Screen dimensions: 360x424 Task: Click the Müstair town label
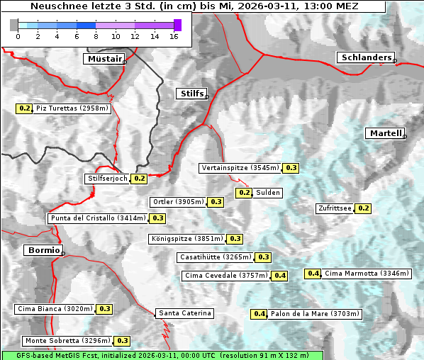tap(104, 59)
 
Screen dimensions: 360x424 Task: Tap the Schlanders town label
tap(365, 57)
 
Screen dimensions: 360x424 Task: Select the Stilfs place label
tap(191, 94)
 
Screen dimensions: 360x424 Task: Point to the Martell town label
tap(385, 133)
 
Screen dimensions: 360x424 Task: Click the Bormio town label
tap(43, 250)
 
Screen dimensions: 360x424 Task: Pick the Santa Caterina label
tap(184, 313)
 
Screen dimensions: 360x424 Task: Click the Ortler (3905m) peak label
tap(178, 202)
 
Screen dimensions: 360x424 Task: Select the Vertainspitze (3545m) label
tap(240, 168)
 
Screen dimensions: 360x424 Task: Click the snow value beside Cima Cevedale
tap(280, 276)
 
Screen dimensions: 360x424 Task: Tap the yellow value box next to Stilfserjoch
tap(140, 179)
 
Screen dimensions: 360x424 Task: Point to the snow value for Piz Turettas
tap(25, 108)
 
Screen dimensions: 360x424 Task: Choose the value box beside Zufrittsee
tap(363, 208)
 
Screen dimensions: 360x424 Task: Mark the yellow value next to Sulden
tap(245, 193)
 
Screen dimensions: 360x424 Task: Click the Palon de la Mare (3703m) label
tap(316, 314)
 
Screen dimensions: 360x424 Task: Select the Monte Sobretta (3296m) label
tap(67, 341)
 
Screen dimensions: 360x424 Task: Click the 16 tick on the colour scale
tap(174, 36)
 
